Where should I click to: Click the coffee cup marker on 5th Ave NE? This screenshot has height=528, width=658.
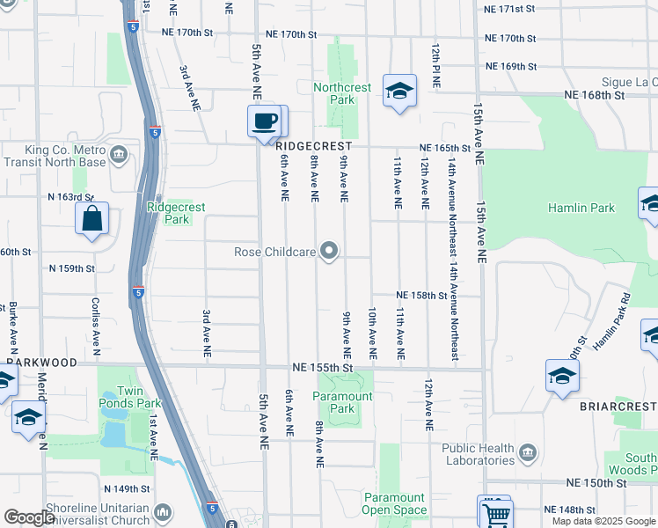(x=266, y=121)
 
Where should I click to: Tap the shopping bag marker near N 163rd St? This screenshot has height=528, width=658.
(x=92, y=218)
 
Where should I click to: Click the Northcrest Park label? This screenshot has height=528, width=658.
(x=343, y=93)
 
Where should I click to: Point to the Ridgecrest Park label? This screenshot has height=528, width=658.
(x=176, y=213)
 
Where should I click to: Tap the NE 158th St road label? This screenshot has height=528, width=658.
(x=422, y=296)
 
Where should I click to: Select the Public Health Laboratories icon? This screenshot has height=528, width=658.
(x=528, y=454)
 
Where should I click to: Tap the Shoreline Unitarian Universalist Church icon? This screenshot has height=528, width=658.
(x=162, y=512)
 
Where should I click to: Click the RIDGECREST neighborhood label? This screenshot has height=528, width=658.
(x=313, y=146)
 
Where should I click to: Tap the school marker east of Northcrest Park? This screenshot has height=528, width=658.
(x=399, y=91)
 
